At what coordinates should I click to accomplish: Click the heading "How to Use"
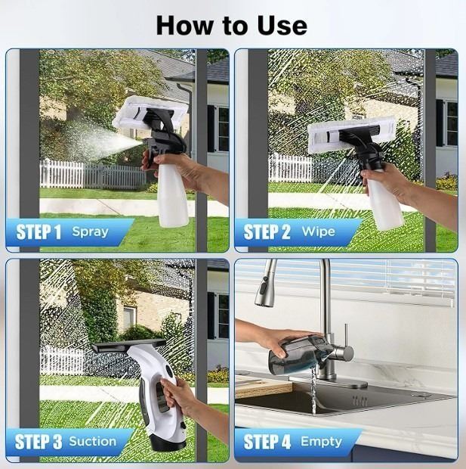point(232,26)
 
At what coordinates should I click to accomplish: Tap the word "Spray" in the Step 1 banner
point(90,232)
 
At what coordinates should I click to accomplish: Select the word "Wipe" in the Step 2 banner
point(319,231)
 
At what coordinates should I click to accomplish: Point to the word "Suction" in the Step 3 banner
point(93,442)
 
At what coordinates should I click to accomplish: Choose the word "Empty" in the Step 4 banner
point(321,442)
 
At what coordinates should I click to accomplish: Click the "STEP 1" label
point(39,232)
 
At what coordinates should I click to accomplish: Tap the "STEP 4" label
point(267,442)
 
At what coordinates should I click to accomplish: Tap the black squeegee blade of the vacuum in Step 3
point(128,346)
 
